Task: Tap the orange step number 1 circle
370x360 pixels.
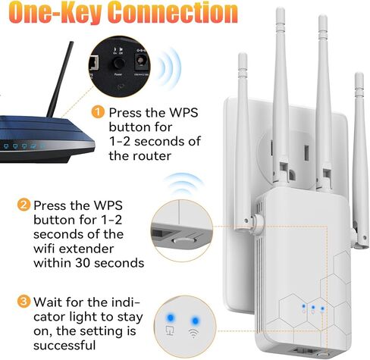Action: tap(98, 113)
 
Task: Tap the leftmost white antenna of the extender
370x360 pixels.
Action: tap(243, 114)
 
